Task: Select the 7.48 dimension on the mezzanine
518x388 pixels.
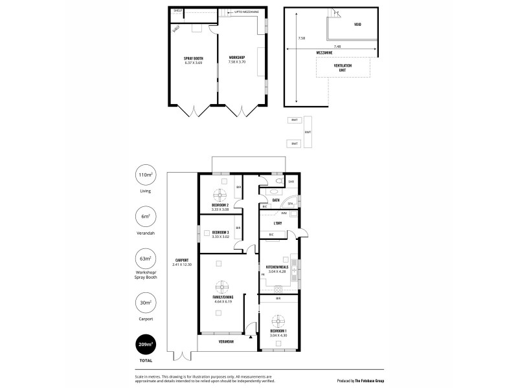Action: click(x=337, y=47)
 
